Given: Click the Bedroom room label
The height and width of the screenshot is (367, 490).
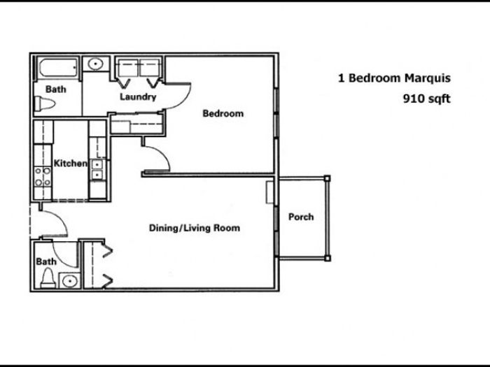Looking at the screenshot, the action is coord(223,113).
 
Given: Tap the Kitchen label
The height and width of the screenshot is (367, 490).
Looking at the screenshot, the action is coord(70,163).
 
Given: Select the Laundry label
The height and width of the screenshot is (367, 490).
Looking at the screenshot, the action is coord(138,96).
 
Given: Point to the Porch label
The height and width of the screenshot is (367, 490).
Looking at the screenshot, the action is coord(301,217).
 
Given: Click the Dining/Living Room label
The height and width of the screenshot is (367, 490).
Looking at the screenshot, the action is coord(195,228).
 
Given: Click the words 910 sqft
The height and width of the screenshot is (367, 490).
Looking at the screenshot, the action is coord(426,99).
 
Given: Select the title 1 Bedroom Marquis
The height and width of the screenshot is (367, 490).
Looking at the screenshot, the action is coord(394,78).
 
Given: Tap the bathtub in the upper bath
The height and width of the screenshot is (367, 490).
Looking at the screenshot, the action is coord(58,68).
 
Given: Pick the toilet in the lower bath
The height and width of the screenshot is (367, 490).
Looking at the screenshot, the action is coord(48,278).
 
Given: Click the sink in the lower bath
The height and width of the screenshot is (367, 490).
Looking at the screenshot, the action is coord(70,282).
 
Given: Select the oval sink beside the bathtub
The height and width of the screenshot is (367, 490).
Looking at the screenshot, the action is coord(95,64).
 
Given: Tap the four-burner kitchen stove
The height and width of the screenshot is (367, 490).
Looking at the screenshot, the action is coord(43,177).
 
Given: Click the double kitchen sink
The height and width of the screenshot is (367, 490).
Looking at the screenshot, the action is coord(97,169).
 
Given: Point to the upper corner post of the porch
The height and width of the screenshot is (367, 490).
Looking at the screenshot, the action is coord(327,178).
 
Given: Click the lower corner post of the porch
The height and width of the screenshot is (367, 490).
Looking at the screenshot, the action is coord(327,259).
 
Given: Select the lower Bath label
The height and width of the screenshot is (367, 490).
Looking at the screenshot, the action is coord(46,261).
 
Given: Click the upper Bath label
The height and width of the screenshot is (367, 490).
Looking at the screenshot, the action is coord(56,89).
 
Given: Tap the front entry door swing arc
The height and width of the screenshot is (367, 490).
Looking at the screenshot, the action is coord(61,218).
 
